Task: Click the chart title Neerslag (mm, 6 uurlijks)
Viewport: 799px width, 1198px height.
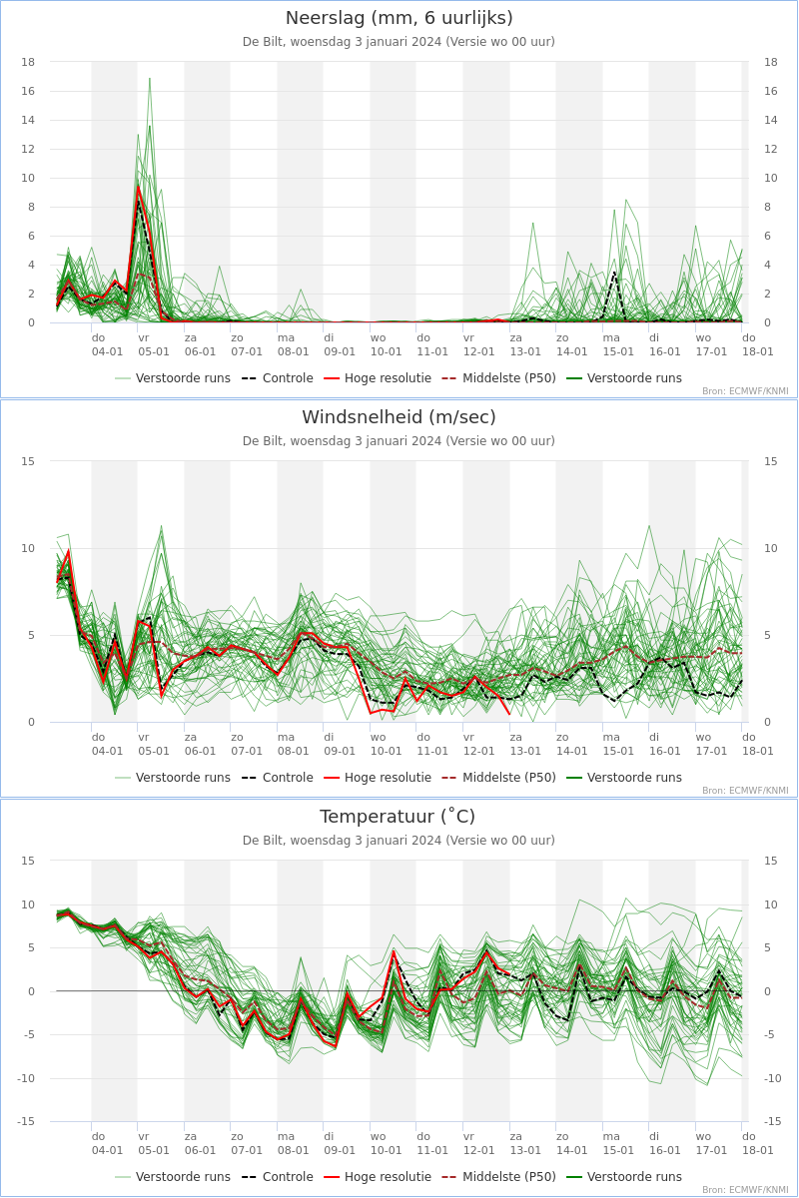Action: point(399,18)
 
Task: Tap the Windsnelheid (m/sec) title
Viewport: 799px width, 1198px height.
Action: point(399,417)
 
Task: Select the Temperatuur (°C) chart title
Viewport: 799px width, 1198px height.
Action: point(399,817)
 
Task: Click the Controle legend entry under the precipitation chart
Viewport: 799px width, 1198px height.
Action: point(277,378)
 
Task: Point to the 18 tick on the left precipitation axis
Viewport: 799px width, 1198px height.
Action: point(28,62)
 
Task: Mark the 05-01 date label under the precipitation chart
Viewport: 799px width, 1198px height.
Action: point(153,351)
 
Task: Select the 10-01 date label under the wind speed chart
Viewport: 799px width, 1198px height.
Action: point(386,751)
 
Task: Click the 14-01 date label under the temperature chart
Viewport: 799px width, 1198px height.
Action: point(571,1150)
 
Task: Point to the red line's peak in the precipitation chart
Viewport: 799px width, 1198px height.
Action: point(139,187)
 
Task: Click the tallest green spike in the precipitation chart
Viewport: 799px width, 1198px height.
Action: point(150,78)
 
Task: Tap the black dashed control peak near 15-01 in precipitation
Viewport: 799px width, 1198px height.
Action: point(614,271)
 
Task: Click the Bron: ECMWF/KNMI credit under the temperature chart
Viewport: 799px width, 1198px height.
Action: point(744,1190)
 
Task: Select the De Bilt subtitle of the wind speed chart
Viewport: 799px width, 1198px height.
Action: point(399,441)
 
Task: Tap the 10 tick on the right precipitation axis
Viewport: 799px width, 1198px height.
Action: point(770,179)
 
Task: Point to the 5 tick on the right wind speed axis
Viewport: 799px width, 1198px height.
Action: point(770,635)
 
